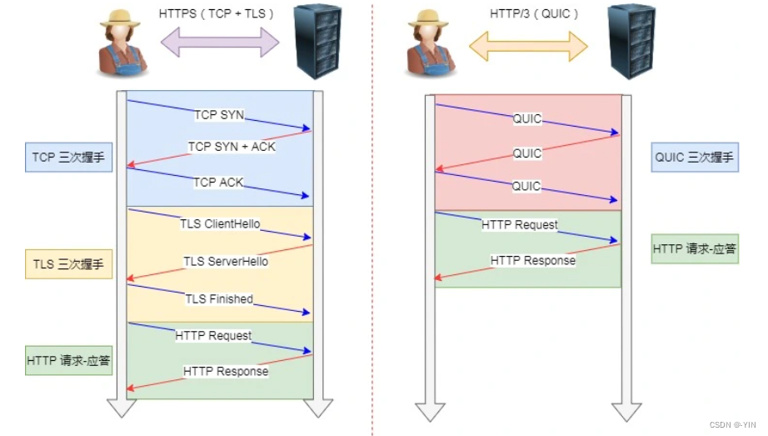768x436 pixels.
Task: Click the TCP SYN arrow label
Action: (219, 114)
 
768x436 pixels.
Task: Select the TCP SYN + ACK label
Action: (232, 147)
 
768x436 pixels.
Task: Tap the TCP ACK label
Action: (217, 182)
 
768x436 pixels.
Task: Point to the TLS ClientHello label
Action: (220, 224)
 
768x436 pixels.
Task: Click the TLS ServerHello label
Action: (226, 261)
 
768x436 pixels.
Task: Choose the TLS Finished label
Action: (218, 298)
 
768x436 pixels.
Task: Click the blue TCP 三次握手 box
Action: (68, 157)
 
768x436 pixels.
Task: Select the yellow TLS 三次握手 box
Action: (68, 264)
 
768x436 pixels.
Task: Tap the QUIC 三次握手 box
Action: (696, 157)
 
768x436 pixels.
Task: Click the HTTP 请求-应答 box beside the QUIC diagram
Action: (696, 248)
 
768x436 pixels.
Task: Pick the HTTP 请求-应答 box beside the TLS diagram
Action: (68, 361)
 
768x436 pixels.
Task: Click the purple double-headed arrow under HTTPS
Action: (220, 43)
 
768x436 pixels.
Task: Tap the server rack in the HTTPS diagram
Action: (319, 41)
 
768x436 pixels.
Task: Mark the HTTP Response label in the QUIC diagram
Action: (533, 261)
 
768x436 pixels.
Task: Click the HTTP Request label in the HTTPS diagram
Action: (213, 335)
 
